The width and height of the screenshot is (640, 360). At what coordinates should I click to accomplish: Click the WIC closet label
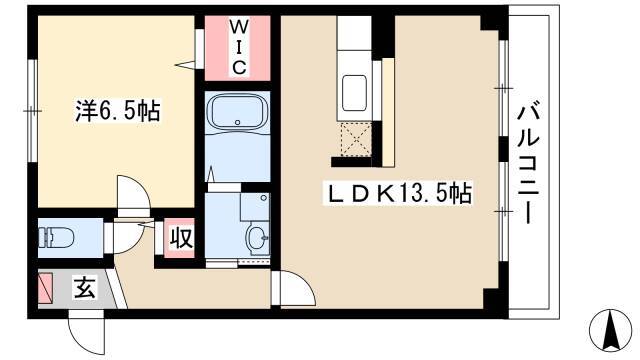(239, 47)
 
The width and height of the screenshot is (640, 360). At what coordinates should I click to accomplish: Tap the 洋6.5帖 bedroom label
(118, 111)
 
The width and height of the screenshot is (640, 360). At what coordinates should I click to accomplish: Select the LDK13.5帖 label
(398, 193)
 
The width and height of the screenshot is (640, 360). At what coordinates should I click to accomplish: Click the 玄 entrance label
(84, 288)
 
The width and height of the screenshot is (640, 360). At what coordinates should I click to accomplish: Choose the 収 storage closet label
(181, 238)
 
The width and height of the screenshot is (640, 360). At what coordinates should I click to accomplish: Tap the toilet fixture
(56, 238)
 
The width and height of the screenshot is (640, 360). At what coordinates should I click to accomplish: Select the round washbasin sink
(258, 238)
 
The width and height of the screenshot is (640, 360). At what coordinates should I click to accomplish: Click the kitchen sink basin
(354, 93)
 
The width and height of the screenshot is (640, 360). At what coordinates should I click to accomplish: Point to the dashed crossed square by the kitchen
(356, 140)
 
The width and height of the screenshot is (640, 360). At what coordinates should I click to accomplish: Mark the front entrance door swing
(86, 331)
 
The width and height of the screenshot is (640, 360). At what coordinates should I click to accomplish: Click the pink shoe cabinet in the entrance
(45, 288)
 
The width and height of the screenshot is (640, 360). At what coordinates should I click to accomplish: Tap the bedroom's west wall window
(32, 111)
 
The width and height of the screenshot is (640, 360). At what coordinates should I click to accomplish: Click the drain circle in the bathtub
(237, 122)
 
